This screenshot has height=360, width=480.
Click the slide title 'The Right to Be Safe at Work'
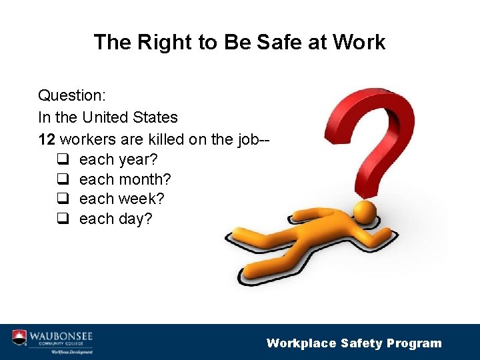pyautogui.click(x=239, y=42)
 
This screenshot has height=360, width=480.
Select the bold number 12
pyautogui.click(x=47, y=139)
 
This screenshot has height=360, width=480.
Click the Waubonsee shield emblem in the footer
pyautogui.click(x=19, y=337)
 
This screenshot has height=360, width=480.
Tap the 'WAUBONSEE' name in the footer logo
pyautogui.click(x=61, y=334)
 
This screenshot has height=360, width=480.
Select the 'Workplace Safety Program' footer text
pyautogui.click(x=354, y=343)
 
